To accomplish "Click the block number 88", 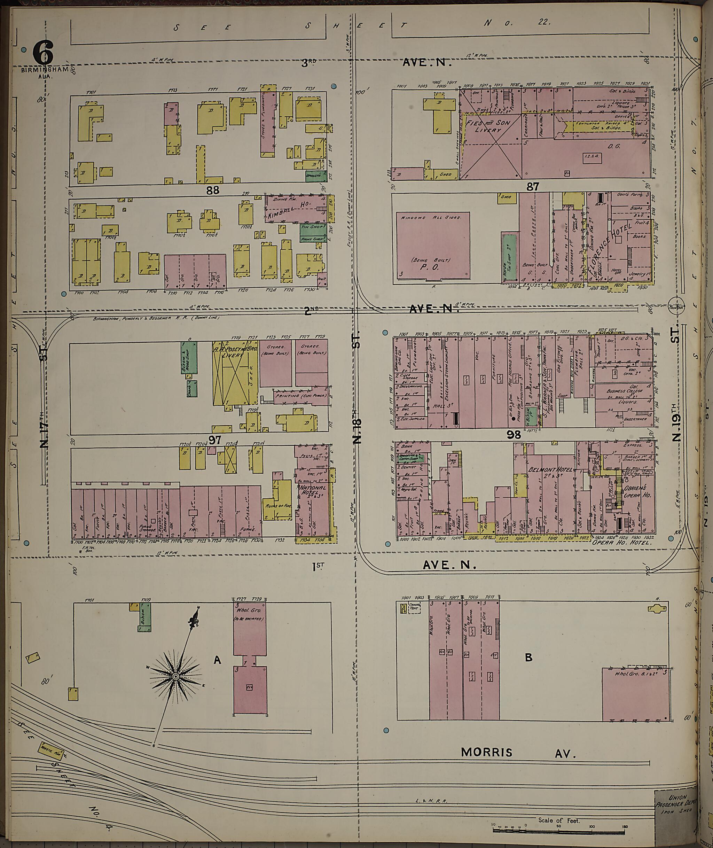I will [x=213, y=190].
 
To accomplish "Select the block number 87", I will [x=532, y=186].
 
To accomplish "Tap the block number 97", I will [x=214, y=440].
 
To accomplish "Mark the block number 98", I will [x=514, y=435].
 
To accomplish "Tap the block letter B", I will [x=528, y=658].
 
